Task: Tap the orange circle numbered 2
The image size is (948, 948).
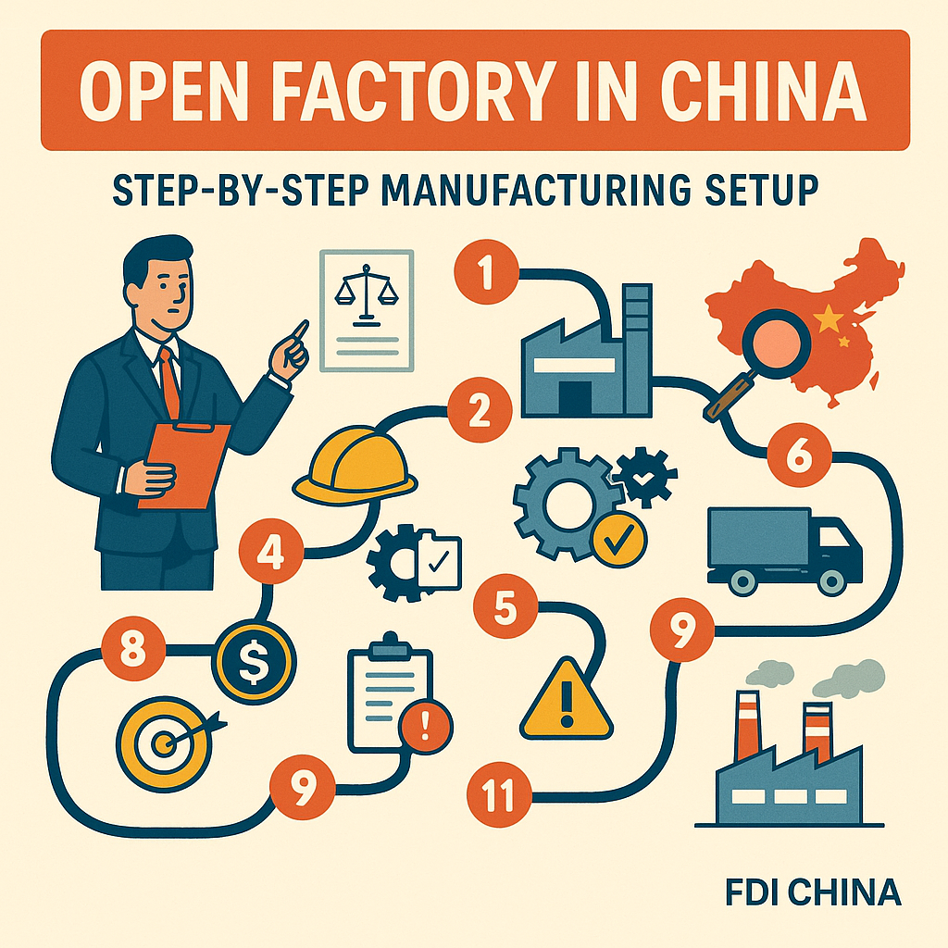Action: (x=479, y=412)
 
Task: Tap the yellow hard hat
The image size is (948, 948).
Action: (x=355, y=467)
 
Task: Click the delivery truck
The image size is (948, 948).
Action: (x=783, y=549)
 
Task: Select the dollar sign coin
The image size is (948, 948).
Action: (x=253, y=659)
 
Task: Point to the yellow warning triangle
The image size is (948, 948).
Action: (x=567, y=700)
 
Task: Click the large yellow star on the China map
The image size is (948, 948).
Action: (x=829, y=319)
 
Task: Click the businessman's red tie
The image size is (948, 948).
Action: (x=169, y=380)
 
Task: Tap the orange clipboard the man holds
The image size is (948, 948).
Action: (x=185, y=463)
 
